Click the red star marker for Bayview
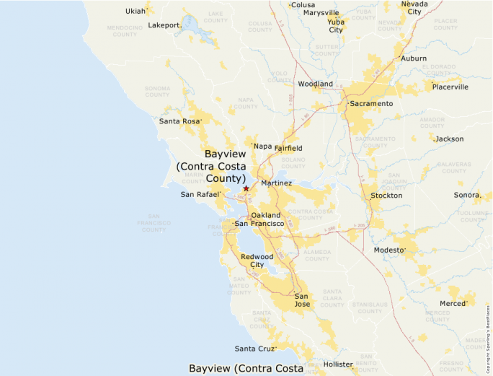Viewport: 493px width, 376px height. click(x=246, y=188)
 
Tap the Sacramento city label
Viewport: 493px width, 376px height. click(x=371, y=104)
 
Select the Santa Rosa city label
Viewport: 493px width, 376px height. click(x=179, y=121)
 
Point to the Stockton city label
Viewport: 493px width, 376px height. click(x=386, y=196)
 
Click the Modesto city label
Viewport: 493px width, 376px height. click(x=388, y=250)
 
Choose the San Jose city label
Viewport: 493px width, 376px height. click(x=302, y=300)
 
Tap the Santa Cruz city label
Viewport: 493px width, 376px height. click(x=254, y=349)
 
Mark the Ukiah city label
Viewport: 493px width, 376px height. click(x=135, y=11)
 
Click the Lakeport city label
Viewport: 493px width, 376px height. click(x=164, y=25)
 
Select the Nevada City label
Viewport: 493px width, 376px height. click(x=414, y=7)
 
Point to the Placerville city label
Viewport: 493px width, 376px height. click(x=450, y=87)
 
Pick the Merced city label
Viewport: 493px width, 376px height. click(x=453, y=304)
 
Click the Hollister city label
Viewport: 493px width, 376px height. click(x=339, y=364)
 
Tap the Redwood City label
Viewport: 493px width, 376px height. click(x=257, y=261)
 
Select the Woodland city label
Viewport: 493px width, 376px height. click(x=316, y=84)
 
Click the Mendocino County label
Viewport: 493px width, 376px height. click(x=125, y=31)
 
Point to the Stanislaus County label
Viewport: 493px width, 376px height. click(x=370, y=307)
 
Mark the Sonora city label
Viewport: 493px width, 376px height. click(x=466, y=196)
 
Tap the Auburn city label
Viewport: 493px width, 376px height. click(x=414, y=58)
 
